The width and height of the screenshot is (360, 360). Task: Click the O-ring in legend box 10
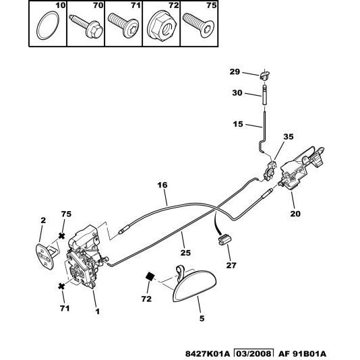tap(38, 26)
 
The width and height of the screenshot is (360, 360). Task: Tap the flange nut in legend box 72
tap(162, 26)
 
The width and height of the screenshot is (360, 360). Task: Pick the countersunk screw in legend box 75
tap(199, 25)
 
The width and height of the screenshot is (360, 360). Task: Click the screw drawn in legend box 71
tap(123, 25)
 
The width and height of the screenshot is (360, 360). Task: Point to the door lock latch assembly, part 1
tap(84, 256)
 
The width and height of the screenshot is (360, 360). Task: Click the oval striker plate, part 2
tap(45, 256)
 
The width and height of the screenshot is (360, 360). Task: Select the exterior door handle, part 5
tap(194, 285)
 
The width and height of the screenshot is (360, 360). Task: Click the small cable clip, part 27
tap(224, 239)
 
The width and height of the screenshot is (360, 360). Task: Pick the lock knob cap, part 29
tap(265, 74)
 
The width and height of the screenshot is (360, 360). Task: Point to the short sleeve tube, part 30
tap(265, 95)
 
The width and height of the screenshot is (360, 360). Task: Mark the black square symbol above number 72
tap(150, 276)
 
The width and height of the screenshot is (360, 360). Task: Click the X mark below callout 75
tap(61, 236)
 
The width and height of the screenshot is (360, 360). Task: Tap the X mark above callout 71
tap(61, 287)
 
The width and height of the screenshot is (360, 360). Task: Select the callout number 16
tap(162, 185)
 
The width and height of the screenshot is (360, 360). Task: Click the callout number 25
tap(185, 253)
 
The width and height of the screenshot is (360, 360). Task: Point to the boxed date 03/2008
tap(253, 354)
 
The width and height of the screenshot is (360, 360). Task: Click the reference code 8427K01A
tap(208, 354)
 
